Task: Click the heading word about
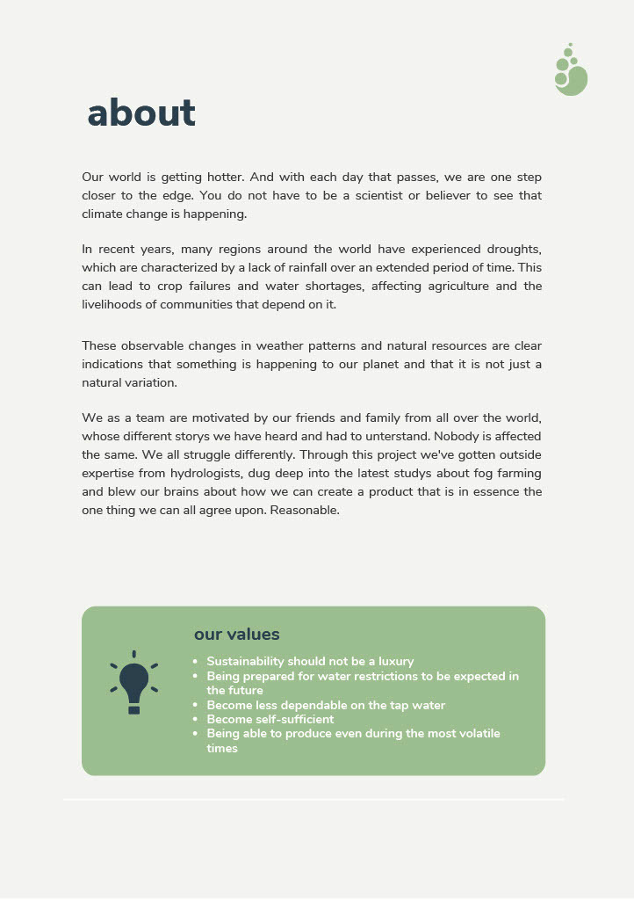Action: [141, 112]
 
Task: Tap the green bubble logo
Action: [571, 72]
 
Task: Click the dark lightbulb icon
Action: [133, 684]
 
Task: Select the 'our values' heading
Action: [236, 635]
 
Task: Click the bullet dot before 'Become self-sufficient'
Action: [194, 719]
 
